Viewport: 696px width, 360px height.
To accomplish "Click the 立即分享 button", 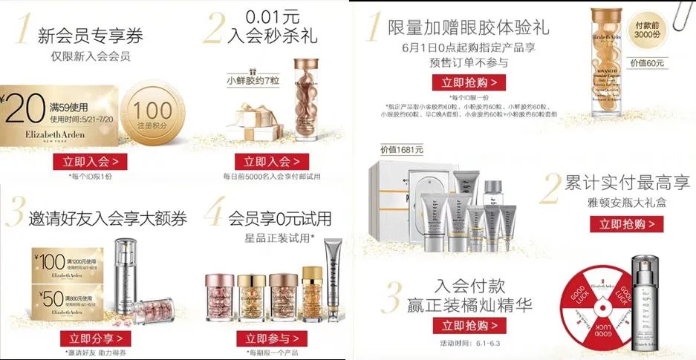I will tap(90, 338).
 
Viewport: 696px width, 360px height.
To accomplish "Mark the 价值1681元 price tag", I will tap(402, 150).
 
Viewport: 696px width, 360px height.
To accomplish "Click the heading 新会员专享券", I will tap(91, 35).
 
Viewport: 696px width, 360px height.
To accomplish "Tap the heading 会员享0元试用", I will tap(279, 218).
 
